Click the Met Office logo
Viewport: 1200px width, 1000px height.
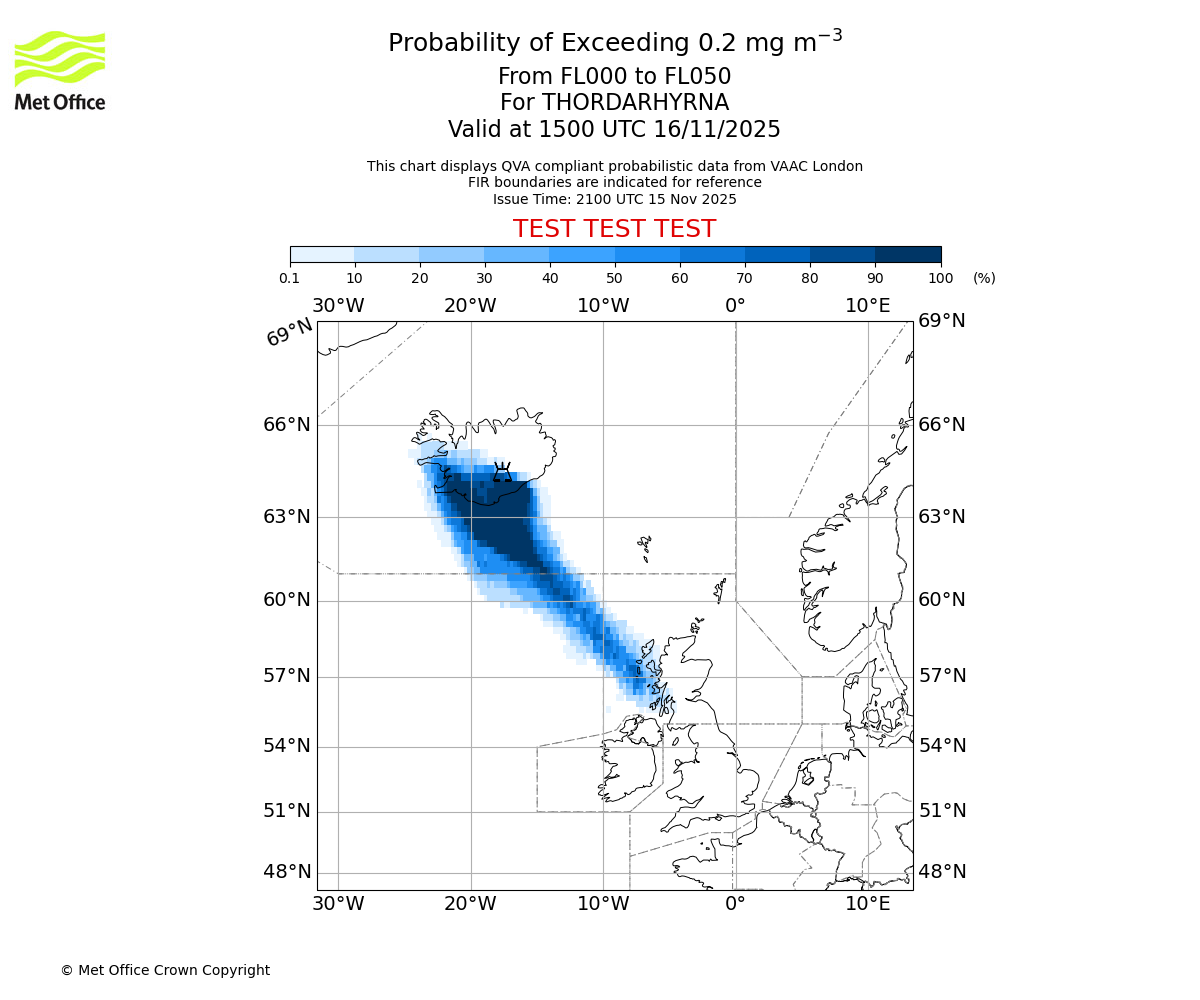[60, 70]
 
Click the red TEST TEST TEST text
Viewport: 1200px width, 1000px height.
[614, 229]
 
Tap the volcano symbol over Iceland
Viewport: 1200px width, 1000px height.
[502, 471]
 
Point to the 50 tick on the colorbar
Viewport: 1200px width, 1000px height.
[615, 278]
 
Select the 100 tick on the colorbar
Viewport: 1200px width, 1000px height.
[941, 278]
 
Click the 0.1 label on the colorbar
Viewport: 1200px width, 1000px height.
[290, 278]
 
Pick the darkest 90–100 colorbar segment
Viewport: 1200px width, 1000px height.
[908, 254]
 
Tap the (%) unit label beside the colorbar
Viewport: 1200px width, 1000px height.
[984, 278]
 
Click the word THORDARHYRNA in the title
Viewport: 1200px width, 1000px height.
[635, 103]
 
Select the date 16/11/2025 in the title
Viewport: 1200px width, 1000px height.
[717, 130]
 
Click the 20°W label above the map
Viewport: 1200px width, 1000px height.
[470, 306]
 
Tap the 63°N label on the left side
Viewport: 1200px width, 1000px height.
[287, 517]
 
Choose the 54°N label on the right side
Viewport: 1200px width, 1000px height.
[942, 746]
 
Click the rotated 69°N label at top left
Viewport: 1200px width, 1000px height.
[289, 333]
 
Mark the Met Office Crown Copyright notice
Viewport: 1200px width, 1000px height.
[165, 970]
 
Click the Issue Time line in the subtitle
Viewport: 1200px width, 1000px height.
[614, 199]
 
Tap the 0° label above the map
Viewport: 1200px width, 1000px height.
[735, 306]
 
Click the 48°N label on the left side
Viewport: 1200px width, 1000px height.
[287, 872]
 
